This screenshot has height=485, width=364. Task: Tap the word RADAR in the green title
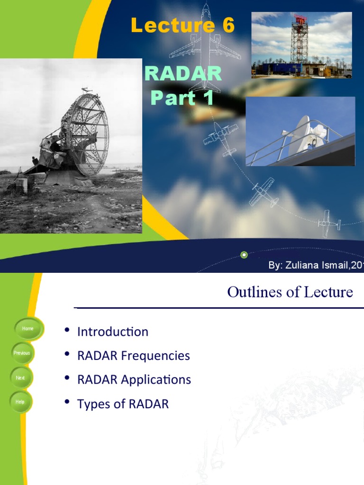[x=183, y=73]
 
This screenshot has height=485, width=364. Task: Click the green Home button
[x=28, y=328]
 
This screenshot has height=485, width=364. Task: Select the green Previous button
[x=22, y=353]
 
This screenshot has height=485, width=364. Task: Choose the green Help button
[x=20, y=402]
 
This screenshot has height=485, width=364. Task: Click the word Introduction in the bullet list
[x=113, y=332]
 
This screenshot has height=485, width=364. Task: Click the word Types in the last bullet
[x=92, y=404]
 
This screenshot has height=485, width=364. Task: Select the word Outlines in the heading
[x=249, y=292]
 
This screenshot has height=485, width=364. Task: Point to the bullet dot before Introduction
[x=67, y=330]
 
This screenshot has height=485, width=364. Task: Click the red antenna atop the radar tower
[x=300, y=19]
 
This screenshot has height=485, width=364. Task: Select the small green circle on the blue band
[x=244, y=255]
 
